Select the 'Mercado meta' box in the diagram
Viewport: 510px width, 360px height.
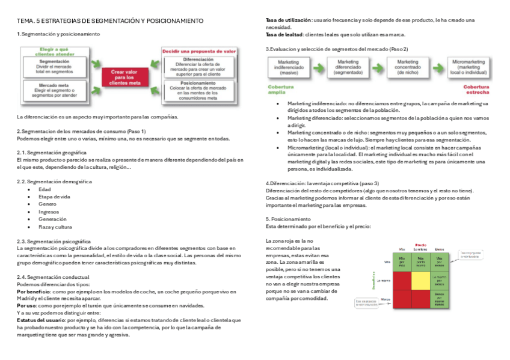pyautogui.click(x=54, y=90)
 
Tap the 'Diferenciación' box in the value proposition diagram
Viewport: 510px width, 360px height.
pyautogui.click(x=198, y=66)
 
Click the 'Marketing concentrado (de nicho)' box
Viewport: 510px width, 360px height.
pyautogui.click(x=407, y=65)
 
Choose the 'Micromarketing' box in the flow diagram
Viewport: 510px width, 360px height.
pyautogui.click(x=469, y=65)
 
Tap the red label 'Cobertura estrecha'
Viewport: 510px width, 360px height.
pyautogui.click(x=476, y=90)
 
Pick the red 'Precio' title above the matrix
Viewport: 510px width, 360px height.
pyautogui.click(x=420, y=245)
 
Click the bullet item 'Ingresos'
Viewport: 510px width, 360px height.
pyautogui.click(x=49, y=212)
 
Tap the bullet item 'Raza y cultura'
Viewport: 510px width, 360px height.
pyautogui.click(x=55, y=227)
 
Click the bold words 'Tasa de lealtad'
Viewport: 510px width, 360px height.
pyautogui.click(x=284, y=34)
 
